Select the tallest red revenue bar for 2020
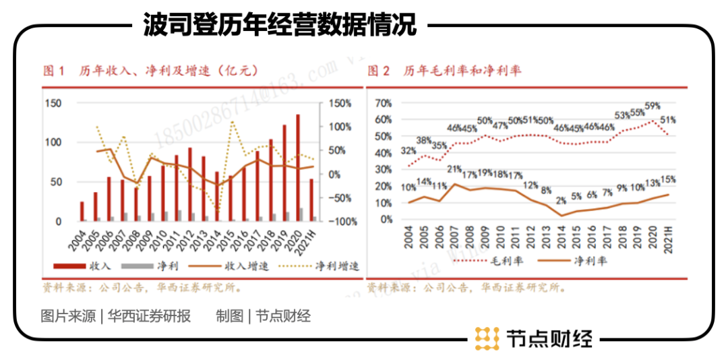(x=298, y=169)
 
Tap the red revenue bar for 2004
(x=82, y=211)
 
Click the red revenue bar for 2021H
(x=311, y=200)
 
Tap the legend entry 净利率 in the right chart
(x=593, y=260)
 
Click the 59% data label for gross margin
(x=653, y=107)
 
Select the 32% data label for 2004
(x=408, y=151)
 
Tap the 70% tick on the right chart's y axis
(x=383, y=103)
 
